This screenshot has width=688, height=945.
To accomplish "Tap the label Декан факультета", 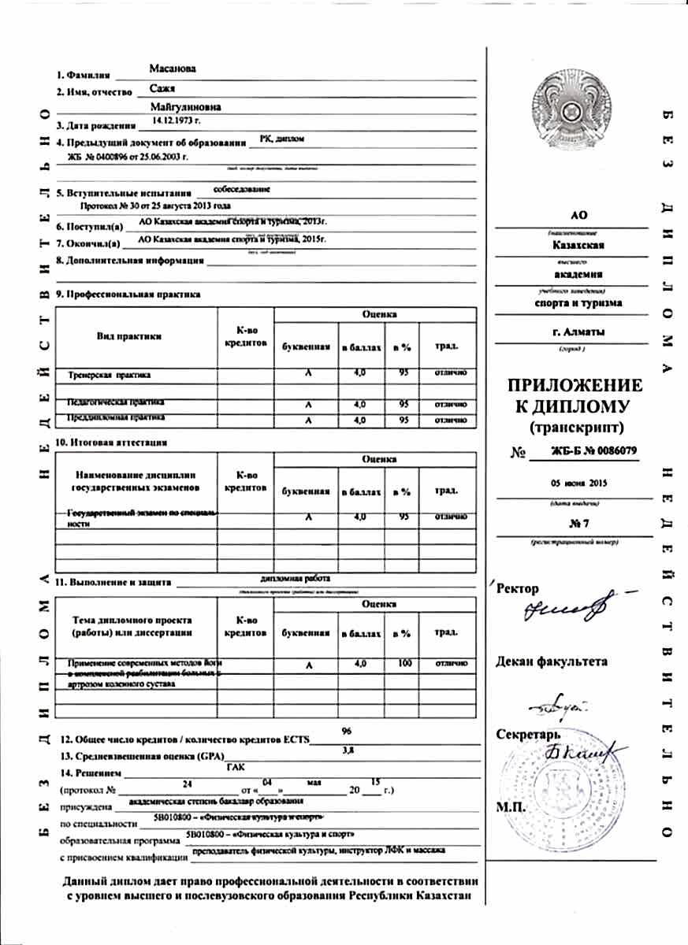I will (552, 661).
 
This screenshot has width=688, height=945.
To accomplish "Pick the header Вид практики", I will (129, 336).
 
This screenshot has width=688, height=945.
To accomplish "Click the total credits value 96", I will (347, 731).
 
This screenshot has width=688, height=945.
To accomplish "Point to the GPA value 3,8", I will (348, 750).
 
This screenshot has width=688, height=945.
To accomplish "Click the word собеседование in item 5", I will (242, 189).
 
